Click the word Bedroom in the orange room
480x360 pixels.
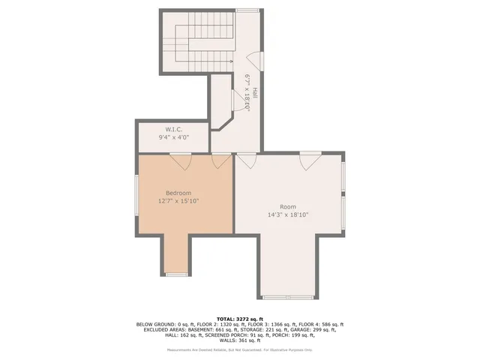point(178,193)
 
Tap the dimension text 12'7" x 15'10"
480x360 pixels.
point(178,201)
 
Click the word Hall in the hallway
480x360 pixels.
point(254,93)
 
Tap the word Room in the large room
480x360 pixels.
point(288,206)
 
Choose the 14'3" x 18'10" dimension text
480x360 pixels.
point(288,214)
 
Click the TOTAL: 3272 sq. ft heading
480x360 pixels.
point(240,319)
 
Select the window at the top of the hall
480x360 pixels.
point(247,10)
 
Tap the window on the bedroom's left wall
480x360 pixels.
point(136,201)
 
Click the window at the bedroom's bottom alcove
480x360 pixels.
point(176,275)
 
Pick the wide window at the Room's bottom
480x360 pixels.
point(288,297)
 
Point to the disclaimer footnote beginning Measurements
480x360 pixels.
point(240,349)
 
